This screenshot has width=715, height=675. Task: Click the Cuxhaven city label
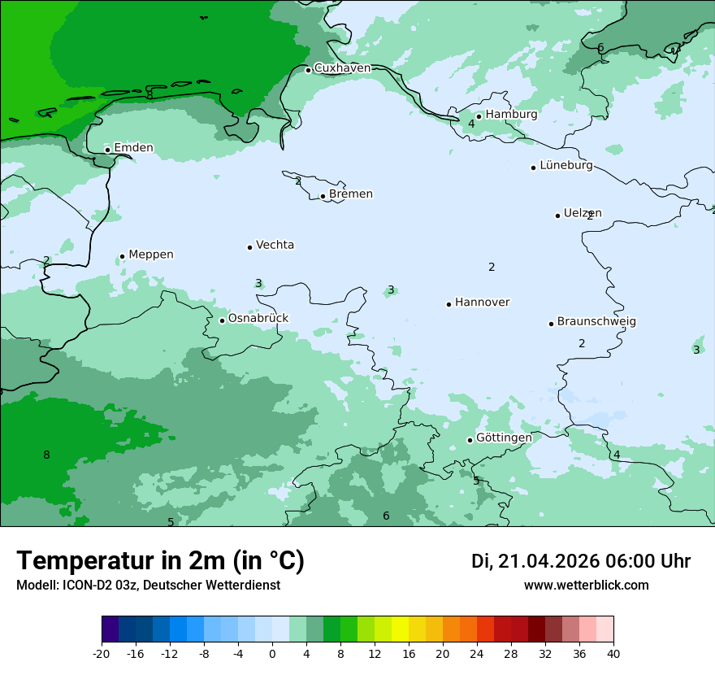(x=342, y=68)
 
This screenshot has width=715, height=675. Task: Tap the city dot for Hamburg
(x=479, y=116)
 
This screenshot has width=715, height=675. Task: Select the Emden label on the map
(x=133, y=148)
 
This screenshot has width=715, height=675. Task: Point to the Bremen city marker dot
(x=323, y=196)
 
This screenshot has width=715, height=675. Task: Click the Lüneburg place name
(x=566, y=166)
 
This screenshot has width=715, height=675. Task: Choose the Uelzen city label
(x=583, y=214)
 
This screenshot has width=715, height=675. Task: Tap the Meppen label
(x=151, y=255)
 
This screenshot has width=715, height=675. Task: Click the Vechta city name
(x=275, y=245)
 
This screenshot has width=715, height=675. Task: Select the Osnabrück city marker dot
(x=222, y=320)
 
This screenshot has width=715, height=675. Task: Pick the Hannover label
(x=482, y=303)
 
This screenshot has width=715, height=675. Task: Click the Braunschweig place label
(x=596, y=322)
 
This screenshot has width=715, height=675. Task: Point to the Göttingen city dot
(x=470, y=440)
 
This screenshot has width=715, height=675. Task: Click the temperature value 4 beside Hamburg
(x=471, y=124)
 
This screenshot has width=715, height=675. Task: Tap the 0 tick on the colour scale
(x=272, y=653)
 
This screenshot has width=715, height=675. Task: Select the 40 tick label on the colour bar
(x=613, y=653)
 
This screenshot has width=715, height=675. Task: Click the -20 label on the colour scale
(x=102, y=653)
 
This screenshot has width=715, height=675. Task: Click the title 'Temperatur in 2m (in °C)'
(x=161, y=561)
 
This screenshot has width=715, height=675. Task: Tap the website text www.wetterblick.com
(x=586, y=586)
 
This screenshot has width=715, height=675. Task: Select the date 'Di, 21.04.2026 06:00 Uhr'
(x=581, y=561)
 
